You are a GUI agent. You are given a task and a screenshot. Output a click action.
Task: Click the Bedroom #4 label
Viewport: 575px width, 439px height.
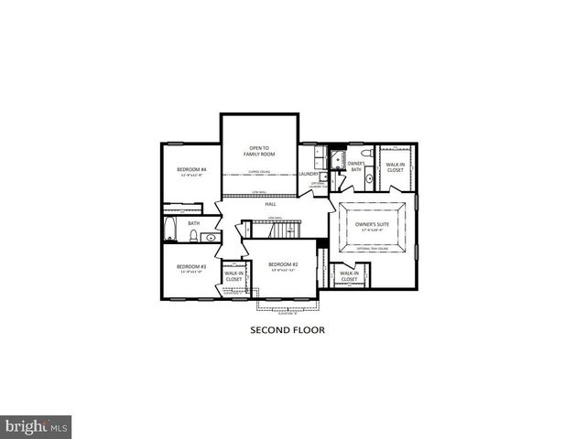(x=191, y=170)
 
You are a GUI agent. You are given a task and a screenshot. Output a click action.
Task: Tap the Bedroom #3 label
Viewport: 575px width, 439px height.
(x=191, y=267)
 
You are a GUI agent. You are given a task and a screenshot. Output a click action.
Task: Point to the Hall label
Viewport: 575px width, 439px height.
(x=271, y=204)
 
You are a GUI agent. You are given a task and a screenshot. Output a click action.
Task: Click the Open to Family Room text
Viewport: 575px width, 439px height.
(x=259, y=151)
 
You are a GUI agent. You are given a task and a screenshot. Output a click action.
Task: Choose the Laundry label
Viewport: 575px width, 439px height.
(x=309, y=173)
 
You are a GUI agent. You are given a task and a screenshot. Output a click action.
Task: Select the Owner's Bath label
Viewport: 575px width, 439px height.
(x=356, y=166)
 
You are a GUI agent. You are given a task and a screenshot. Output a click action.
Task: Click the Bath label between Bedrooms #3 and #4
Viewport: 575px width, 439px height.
(x=193, y=222)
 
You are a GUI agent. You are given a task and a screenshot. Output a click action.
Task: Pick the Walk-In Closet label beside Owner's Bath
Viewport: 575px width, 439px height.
(x=395, y=166)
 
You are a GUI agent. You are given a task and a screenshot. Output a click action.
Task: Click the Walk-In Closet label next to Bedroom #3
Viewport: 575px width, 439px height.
(x=233, y=275)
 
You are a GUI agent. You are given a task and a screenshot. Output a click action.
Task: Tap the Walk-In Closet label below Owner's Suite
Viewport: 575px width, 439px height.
(x=349, y=275)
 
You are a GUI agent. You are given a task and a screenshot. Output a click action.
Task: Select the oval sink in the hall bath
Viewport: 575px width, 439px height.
(x=212, y=238)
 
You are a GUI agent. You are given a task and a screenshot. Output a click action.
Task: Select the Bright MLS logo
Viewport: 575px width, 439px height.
(x=37, y=426)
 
